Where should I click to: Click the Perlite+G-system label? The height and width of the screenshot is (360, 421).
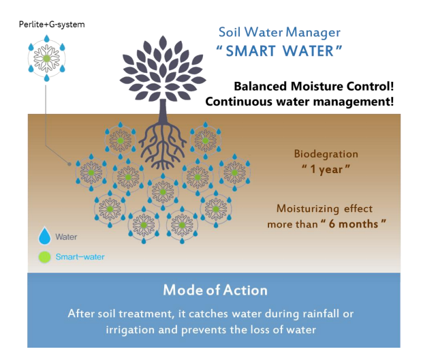52,25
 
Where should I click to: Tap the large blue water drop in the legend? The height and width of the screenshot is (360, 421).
44,236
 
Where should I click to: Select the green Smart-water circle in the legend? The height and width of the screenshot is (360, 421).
44,257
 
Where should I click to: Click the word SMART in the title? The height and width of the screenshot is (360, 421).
251,50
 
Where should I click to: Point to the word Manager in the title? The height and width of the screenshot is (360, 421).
313,33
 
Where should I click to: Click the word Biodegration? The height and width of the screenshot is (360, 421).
326,154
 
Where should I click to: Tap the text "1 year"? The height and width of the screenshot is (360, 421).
326,169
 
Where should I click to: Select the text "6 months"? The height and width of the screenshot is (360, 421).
354,224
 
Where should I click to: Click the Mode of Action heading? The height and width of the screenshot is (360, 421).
215,290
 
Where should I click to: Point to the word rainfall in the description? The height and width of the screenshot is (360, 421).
320,314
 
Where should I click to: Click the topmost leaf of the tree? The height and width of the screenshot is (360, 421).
163,43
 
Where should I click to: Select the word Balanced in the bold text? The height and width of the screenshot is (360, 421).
260,87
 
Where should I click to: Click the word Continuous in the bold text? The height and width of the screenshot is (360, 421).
238,102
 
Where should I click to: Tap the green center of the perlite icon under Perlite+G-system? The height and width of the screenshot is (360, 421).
47,59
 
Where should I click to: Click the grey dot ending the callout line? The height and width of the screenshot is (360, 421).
69,164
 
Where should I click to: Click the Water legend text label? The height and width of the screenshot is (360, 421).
66,237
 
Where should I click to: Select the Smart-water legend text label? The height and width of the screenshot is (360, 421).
80,257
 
